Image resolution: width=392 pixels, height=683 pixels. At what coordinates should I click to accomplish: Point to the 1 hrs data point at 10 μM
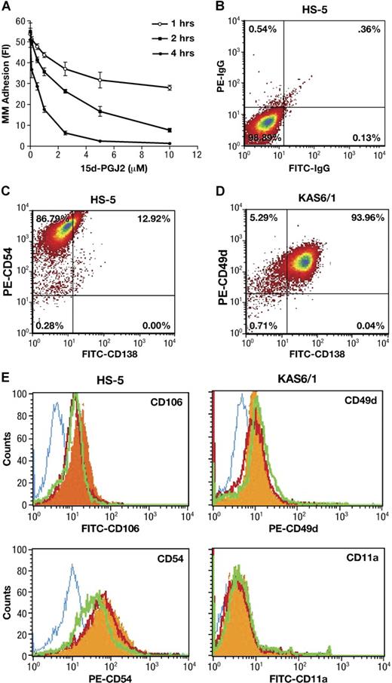(170, 88)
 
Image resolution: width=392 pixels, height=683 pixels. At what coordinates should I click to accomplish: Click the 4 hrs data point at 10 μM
(170, 143)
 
